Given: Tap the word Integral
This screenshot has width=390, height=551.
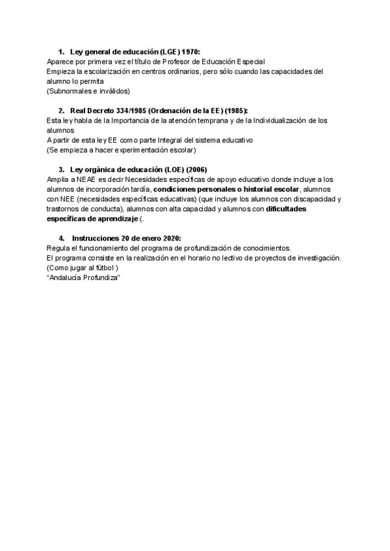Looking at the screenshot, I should tap(183, 140).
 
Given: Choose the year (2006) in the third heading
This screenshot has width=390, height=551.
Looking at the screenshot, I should tap(196, 170).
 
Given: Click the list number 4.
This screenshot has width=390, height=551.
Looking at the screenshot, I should tap(61, 238).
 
